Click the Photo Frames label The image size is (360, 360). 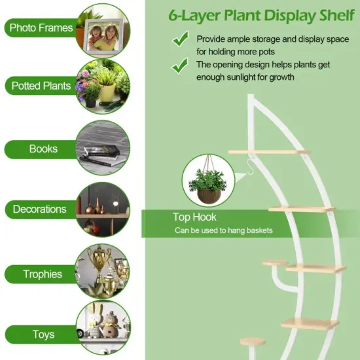click(41, 27)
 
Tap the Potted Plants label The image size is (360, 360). click(41, 86)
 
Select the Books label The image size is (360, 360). click(43, 149)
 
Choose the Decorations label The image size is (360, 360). click(39, 209)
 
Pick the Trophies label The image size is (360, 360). click(43, 274)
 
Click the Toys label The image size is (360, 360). click(43, 334)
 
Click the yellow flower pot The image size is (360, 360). click(107, 92)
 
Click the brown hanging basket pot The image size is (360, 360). click(209, 196)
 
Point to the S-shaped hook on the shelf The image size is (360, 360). click(250, 167)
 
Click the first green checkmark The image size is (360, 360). click(181, 39)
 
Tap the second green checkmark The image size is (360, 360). click(180, 65)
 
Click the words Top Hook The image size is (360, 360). click(194, 217)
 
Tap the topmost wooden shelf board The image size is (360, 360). click(269, 152)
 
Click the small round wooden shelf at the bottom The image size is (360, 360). click(252, 342)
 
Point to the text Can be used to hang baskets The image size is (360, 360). click(224, 230)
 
